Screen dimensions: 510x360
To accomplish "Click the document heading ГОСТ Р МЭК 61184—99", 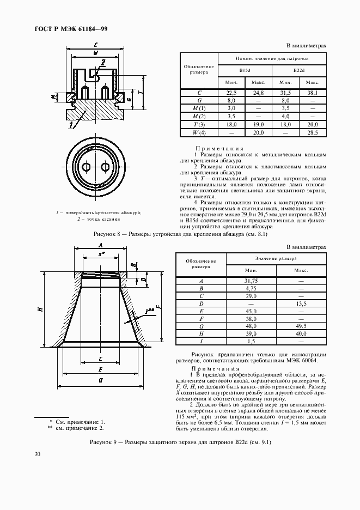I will coord(69,29).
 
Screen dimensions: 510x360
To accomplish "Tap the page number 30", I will coord(38,454).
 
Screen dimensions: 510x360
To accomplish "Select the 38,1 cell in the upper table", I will coord(313,93).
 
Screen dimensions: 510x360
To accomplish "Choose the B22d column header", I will coord(298,71).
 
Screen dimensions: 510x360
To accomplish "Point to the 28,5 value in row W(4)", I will coord(313,132).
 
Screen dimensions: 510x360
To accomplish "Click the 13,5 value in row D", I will coord(301,303).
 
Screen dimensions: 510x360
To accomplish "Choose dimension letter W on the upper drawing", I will coord(95,53).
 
